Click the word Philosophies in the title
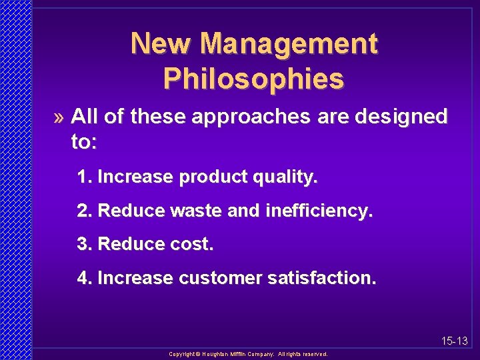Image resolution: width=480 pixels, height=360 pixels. tap(253, 78)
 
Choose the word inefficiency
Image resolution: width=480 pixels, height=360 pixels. tap(319, 211)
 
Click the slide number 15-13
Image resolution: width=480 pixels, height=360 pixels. tap(455, 341)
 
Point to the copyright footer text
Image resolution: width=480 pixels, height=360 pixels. tap(248, 354)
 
